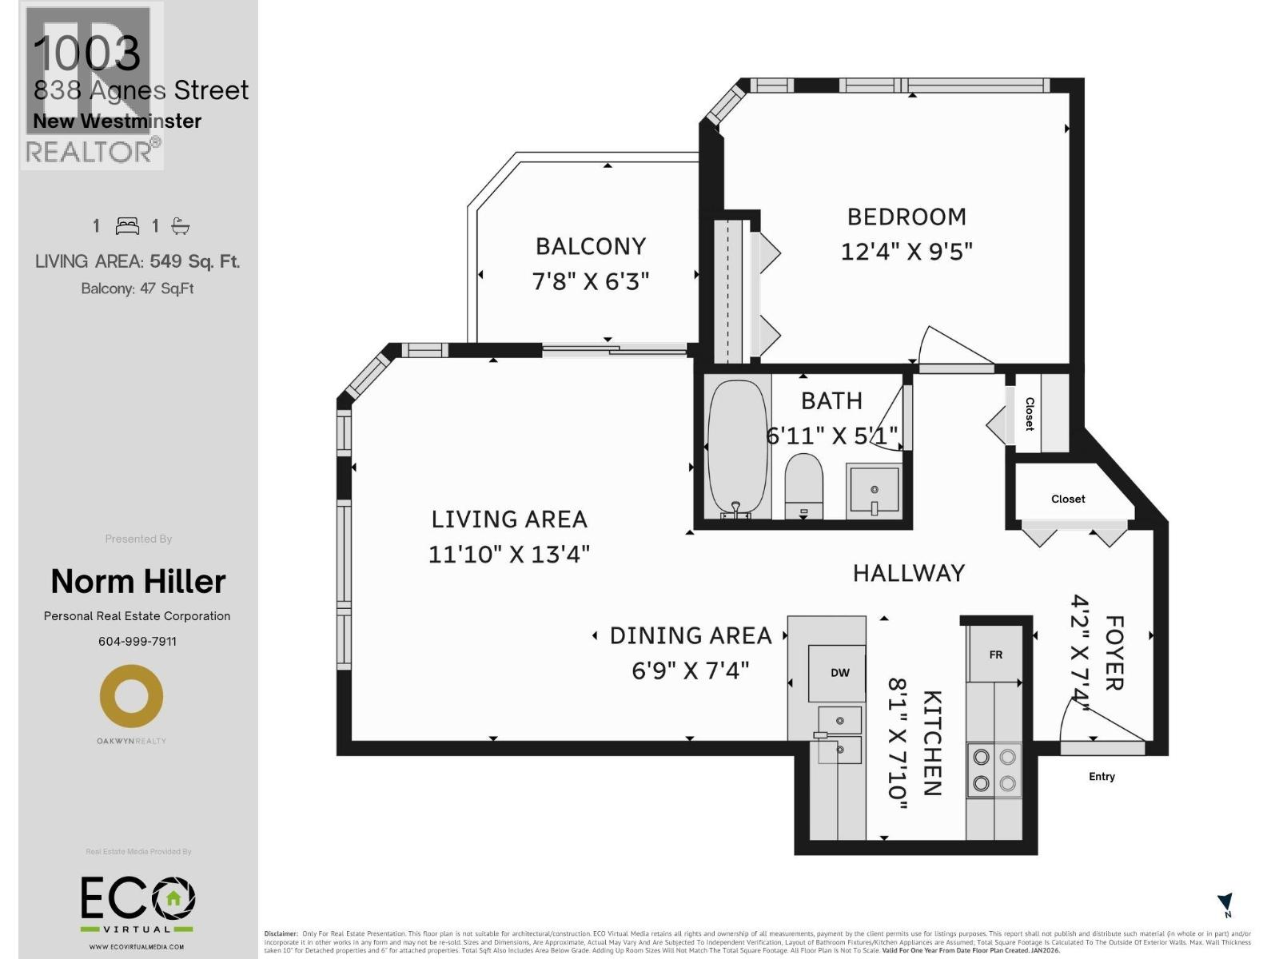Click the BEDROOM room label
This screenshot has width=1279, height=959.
pos(906,217)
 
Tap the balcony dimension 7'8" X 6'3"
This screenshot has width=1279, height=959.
pos(590,281)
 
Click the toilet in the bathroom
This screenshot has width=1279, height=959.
pos(803,485)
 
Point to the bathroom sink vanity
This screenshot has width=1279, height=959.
pos(874,490)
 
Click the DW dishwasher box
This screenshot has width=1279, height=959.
pos(839,673)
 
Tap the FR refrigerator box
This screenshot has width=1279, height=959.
pos(995,655)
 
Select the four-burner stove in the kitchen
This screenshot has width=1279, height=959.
pos(994,770)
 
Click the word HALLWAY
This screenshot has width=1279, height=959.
pos(909,573)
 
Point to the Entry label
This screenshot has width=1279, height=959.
pos(1101,777)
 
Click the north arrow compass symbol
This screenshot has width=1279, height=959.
pos(1225,904)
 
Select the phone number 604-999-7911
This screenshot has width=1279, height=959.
pos(137,641)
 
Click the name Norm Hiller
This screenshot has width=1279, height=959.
pos(137,582)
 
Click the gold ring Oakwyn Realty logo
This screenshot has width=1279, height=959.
pos(131,696)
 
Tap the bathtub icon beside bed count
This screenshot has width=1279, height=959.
pos(181,226)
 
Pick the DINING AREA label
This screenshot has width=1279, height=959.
pos(691,635)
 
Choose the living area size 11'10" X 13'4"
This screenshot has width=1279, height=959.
pos(509,554)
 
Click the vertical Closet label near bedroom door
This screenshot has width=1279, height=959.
pos(1030,413)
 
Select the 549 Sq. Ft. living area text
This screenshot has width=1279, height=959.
pos(194,261)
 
